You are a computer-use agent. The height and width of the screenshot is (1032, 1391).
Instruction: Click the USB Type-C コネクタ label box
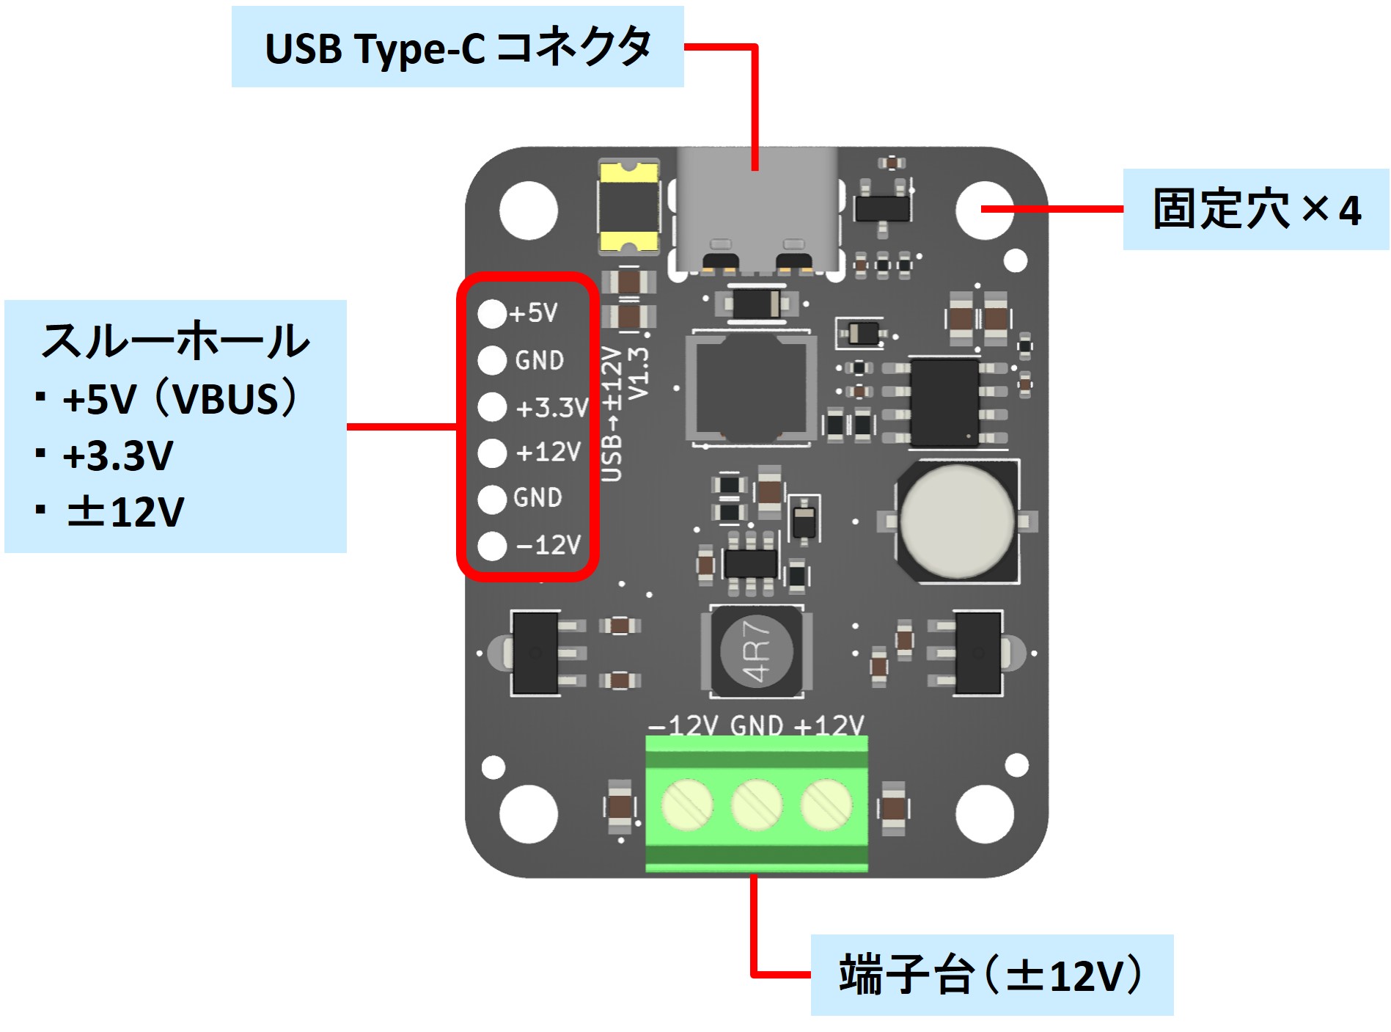pyautogui.click(x=458, y=48)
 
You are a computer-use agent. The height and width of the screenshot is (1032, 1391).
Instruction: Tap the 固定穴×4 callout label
pyautogui.click(x=1255, y=210)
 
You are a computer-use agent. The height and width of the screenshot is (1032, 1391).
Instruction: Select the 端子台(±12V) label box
pyautogui.click(x=991, y=975)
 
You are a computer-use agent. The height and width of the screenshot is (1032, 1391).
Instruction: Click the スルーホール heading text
pyautogui.click(x=176, y=340)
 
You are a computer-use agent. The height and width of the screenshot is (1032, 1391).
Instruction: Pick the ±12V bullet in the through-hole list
pyautogui.click(x=125, y=512)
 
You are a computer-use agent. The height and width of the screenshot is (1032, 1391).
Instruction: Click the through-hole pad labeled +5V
pyautogui.click(x=492, y=313)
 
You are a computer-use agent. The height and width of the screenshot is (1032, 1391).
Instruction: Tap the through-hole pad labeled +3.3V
pyautogui.click(x=492, y=407)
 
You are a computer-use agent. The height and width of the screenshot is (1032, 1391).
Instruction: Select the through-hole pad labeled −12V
pyautogui.click(x=492, y=546)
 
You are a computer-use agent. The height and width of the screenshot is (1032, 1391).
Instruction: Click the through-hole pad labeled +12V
pyautogui.click(x=492, y=453)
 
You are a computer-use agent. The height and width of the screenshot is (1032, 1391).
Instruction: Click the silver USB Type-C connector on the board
pyautogui.click(x=756, y=209)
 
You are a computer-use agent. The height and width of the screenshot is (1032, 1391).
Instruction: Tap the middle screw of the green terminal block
pyautogui.click(x=757, y=804)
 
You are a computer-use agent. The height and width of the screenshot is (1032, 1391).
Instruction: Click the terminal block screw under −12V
pyautogui.click(x=687, y=804)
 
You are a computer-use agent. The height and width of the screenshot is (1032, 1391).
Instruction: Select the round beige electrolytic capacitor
pyautogui.click(x=957, y=521)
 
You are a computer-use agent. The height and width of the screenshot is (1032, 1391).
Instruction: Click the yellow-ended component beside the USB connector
pyautogui.click(x=628, y=207)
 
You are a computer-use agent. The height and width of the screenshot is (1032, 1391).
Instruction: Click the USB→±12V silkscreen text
pyautogui.click(x=612, y=414)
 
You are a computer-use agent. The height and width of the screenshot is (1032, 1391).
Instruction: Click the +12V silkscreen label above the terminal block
pyautogui.click(x=829, y=726)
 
